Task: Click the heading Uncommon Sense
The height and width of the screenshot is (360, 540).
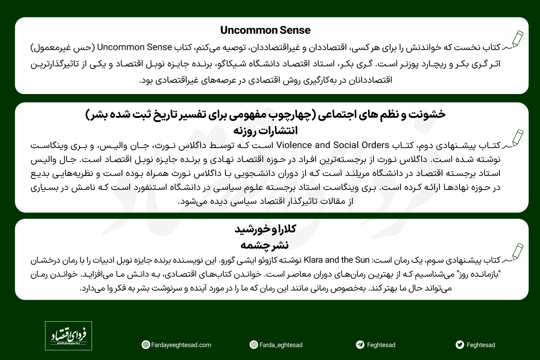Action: [265, 30]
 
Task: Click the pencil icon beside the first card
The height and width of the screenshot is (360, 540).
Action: [515, 40]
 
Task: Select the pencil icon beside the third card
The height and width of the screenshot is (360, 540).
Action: [515, 252]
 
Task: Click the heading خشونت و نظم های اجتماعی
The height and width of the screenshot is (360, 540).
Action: [265, 114]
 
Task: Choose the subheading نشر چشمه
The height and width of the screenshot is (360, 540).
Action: [265, 245]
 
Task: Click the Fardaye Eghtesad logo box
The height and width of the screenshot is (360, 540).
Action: [68, 336]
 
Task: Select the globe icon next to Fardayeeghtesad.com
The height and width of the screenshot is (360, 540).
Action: [145, 345]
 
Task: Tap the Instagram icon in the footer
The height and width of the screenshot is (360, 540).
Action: [254, 345]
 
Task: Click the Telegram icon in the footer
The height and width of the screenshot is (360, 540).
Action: [360, 345]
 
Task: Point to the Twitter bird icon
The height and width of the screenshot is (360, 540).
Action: [459, 345]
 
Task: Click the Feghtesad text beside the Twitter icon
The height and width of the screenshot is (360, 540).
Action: [481, 345]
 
